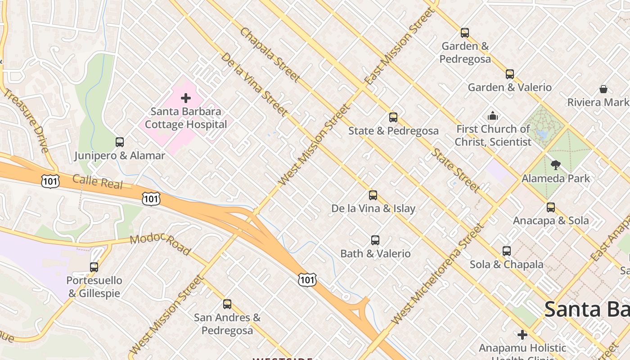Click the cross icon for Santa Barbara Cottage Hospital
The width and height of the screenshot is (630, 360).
click(186, 98)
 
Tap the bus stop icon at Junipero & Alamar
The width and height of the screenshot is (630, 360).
click(120, 142)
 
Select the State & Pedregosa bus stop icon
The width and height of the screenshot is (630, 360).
click(393, 117)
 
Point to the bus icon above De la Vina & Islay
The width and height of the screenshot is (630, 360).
click(373, 195)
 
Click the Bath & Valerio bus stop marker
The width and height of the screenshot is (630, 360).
click(375, 240)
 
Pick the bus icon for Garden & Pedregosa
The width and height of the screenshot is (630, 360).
click(465, 33)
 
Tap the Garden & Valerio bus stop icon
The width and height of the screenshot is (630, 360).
click(510, 74)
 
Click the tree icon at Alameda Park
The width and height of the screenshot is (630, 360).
click(556, 165)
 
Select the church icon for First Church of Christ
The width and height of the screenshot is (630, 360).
click(493, 116)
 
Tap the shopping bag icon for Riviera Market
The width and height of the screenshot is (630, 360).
click(603, 89)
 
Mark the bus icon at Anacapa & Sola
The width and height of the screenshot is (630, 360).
click(551, 207)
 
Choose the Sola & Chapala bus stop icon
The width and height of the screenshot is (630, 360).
click(507, 251)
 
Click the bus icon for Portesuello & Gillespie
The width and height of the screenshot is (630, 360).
click(94, 267)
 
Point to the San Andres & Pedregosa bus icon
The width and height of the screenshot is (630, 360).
click(227, 304)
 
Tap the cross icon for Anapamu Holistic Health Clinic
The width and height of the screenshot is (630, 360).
click(522, 335)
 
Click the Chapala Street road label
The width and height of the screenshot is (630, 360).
click(270, 55)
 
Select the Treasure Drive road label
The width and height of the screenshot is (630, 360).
click(26, 121)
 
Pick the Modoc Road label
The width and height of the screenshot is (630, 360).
click(160, 244)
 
